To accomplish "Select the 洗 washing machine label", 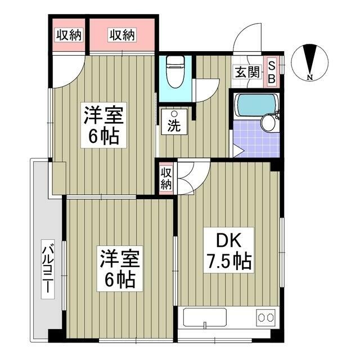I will pyautogui.click(x=174, y=125).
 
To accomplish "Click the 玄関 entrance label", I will pyautogui.click(x=247, y=72).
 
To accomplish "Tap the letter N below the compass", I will pyautogui.click(x=310, y=77).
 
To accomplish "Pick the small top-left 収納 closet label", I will pyautogui.click(x=69, y=35).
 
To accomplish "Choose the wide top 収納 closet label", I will pyautogui.click(x=122, y=35).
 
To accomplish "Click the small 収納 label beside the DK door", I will pyautogui.click(x=166, y=178).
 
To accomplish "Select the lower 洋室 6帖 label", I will pyautogui.click(x=118, y=269).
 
